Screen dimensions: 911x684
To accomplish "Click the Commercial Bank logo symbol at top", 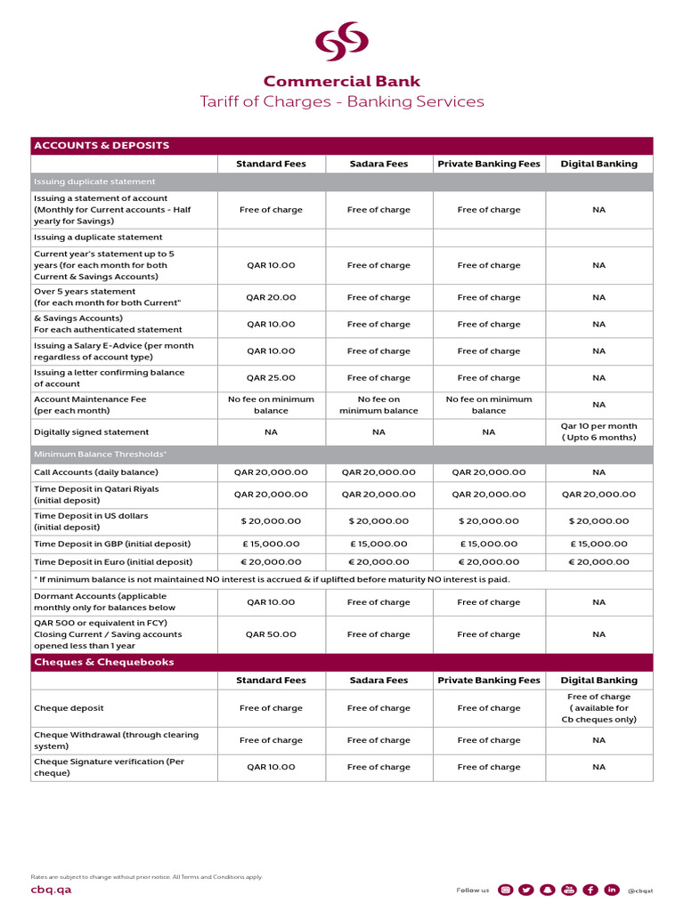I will click(x=343, y=42).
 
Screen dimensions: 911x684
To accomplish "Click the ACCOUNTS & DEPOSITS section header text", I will click(x=101, y=145).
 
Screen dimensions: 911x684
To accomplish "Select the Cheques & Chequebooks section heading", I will click(x=104, y=662).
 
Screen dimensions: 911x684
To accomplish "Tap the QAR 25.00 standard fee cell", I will click(x=271, y=378).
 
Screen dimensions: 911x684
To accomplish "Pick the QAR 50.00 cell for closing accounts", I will click(x=271, y=634).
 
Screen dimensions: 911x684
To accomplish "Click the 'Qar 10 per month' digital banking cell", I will click(x=598, y=432).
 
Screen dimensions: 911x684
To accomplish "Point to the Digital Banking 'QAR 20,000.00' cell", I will click(x=598, y=494).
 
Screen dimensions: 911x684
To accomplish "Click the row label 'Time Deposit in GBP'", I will click(x=112, y=544).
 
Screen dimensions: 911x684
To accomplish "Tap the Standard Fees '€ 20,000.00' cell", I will click(x=271, y=562).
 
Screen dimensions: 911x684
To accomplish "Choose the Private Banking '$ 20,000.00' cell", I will click(x=488, y=521).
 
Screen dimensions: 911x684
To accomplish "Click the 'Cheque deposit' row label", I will click(x=69, y=708).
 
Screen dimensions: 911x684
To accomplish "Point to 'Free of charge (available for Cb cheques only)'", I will click(x=598, y=708).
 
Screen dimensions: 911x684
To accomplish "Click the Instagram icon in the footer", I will click(x=505, y=890).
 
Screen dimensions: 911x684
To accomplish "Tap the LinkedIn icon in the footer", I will click(x=612, y=890).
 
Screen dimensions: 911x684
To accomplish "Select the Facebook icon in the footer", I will click(x=590, y=890).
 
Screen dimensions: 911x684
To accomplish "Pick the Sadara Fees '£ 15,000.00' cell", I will click(x=379, y=544).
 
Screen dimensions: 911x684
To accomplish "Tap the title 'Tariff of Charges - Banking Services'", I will click(x=342, y=101).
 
